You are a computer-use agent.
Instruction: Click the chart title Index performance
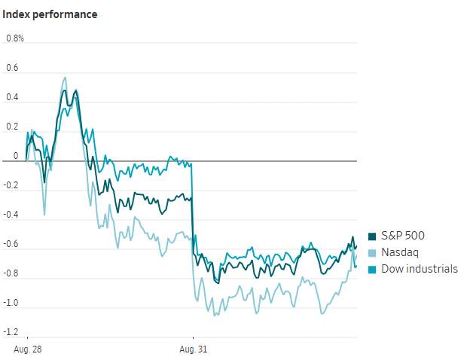(x=50, y=14)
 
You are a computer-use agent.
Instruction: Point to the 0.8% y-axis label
(x=15, y=38)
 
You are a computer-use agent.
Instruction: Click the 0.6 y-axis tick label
(x=12, y=68)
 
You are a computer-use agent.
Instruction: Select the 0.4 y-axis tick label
(x=12, y=97)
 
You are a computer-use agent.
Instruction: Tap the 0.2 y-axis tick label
(x=12, y=127)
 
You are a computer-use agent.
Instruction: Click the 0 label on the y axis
(x=16, y=156)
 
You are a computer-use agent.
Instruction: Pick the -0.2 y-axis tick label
(x=11, y=185)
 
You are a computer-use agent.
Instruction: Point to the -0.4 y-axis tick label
(x=11, y=215)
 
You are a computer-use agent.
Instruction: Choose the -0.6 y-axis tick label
(x=11, y=244)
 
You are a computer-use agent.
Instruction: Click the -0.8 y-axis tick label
(x=11, y=273)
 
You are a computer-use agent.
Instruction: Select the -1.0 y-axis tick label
(x=11, y=303)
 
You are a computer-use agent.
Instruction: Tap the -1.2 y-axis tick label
(x=11, y=332)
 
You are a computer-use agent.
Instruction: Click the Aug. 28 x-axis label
(x=28, y=349)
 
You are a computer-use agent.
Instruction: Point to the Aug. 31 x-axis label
(x=194, y=349)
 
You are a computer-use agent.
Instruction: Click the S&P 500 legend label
(x=403, y=236)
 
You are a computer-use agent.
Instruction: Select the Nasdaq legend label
(x=400, y=252)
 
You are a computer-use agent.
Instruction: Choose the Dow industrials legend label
(x=420, y=269)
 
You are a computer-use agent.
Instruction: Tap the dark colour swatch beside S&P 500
(x=372, y=236)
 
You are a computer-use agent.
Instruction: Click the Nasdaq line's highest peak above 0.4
(x=66, y=78)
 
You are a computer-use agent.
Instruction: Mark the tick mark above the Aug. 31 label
(x=194, y=338)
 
